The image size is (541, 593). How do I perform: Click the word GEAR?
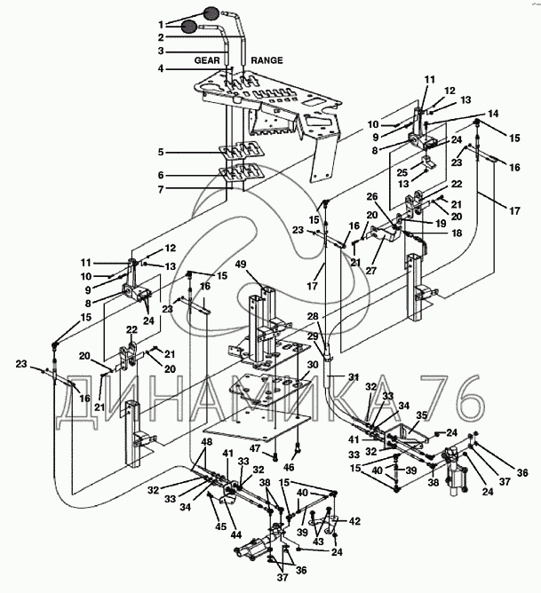point(207,60)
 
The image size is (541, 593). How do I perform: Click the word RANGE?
point(267,60)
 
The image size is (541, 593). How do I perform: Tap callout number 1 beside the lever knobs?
point(161,25)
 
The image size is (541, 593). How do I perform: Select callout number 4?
point(161,69)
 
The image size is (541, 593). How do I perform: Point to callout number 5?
point(161,152)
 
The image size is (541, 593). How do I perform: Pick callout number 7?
point(161,189)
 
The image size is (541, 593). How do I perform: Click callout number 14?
point(493,114)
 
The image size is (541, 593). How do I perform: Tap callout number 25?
point(402,172)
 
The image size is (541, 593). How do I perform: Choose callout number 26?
point(372,197)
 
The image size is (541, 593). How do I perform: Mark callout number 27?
point(371,271)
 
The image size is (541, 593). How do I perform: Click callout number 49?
point(240,264)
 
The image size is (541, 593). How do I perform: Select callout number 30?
point(313,365)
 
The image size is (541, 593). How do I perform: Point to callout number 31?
point(354,376)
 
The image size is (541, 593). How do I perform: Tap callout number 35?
point(422,415)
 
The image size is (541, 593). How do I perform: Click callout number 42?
point(354,521)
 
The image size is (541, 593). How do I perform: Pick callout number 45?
point(221,526)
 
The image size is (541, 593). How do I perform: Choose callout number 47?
point(255,448)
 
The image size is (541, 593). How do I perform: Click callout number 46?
point(289,468)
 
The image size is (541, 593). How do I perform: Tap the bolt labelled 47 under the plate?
point(275,457)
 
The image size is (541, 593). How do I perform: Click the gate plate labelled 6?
point(238,172)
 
